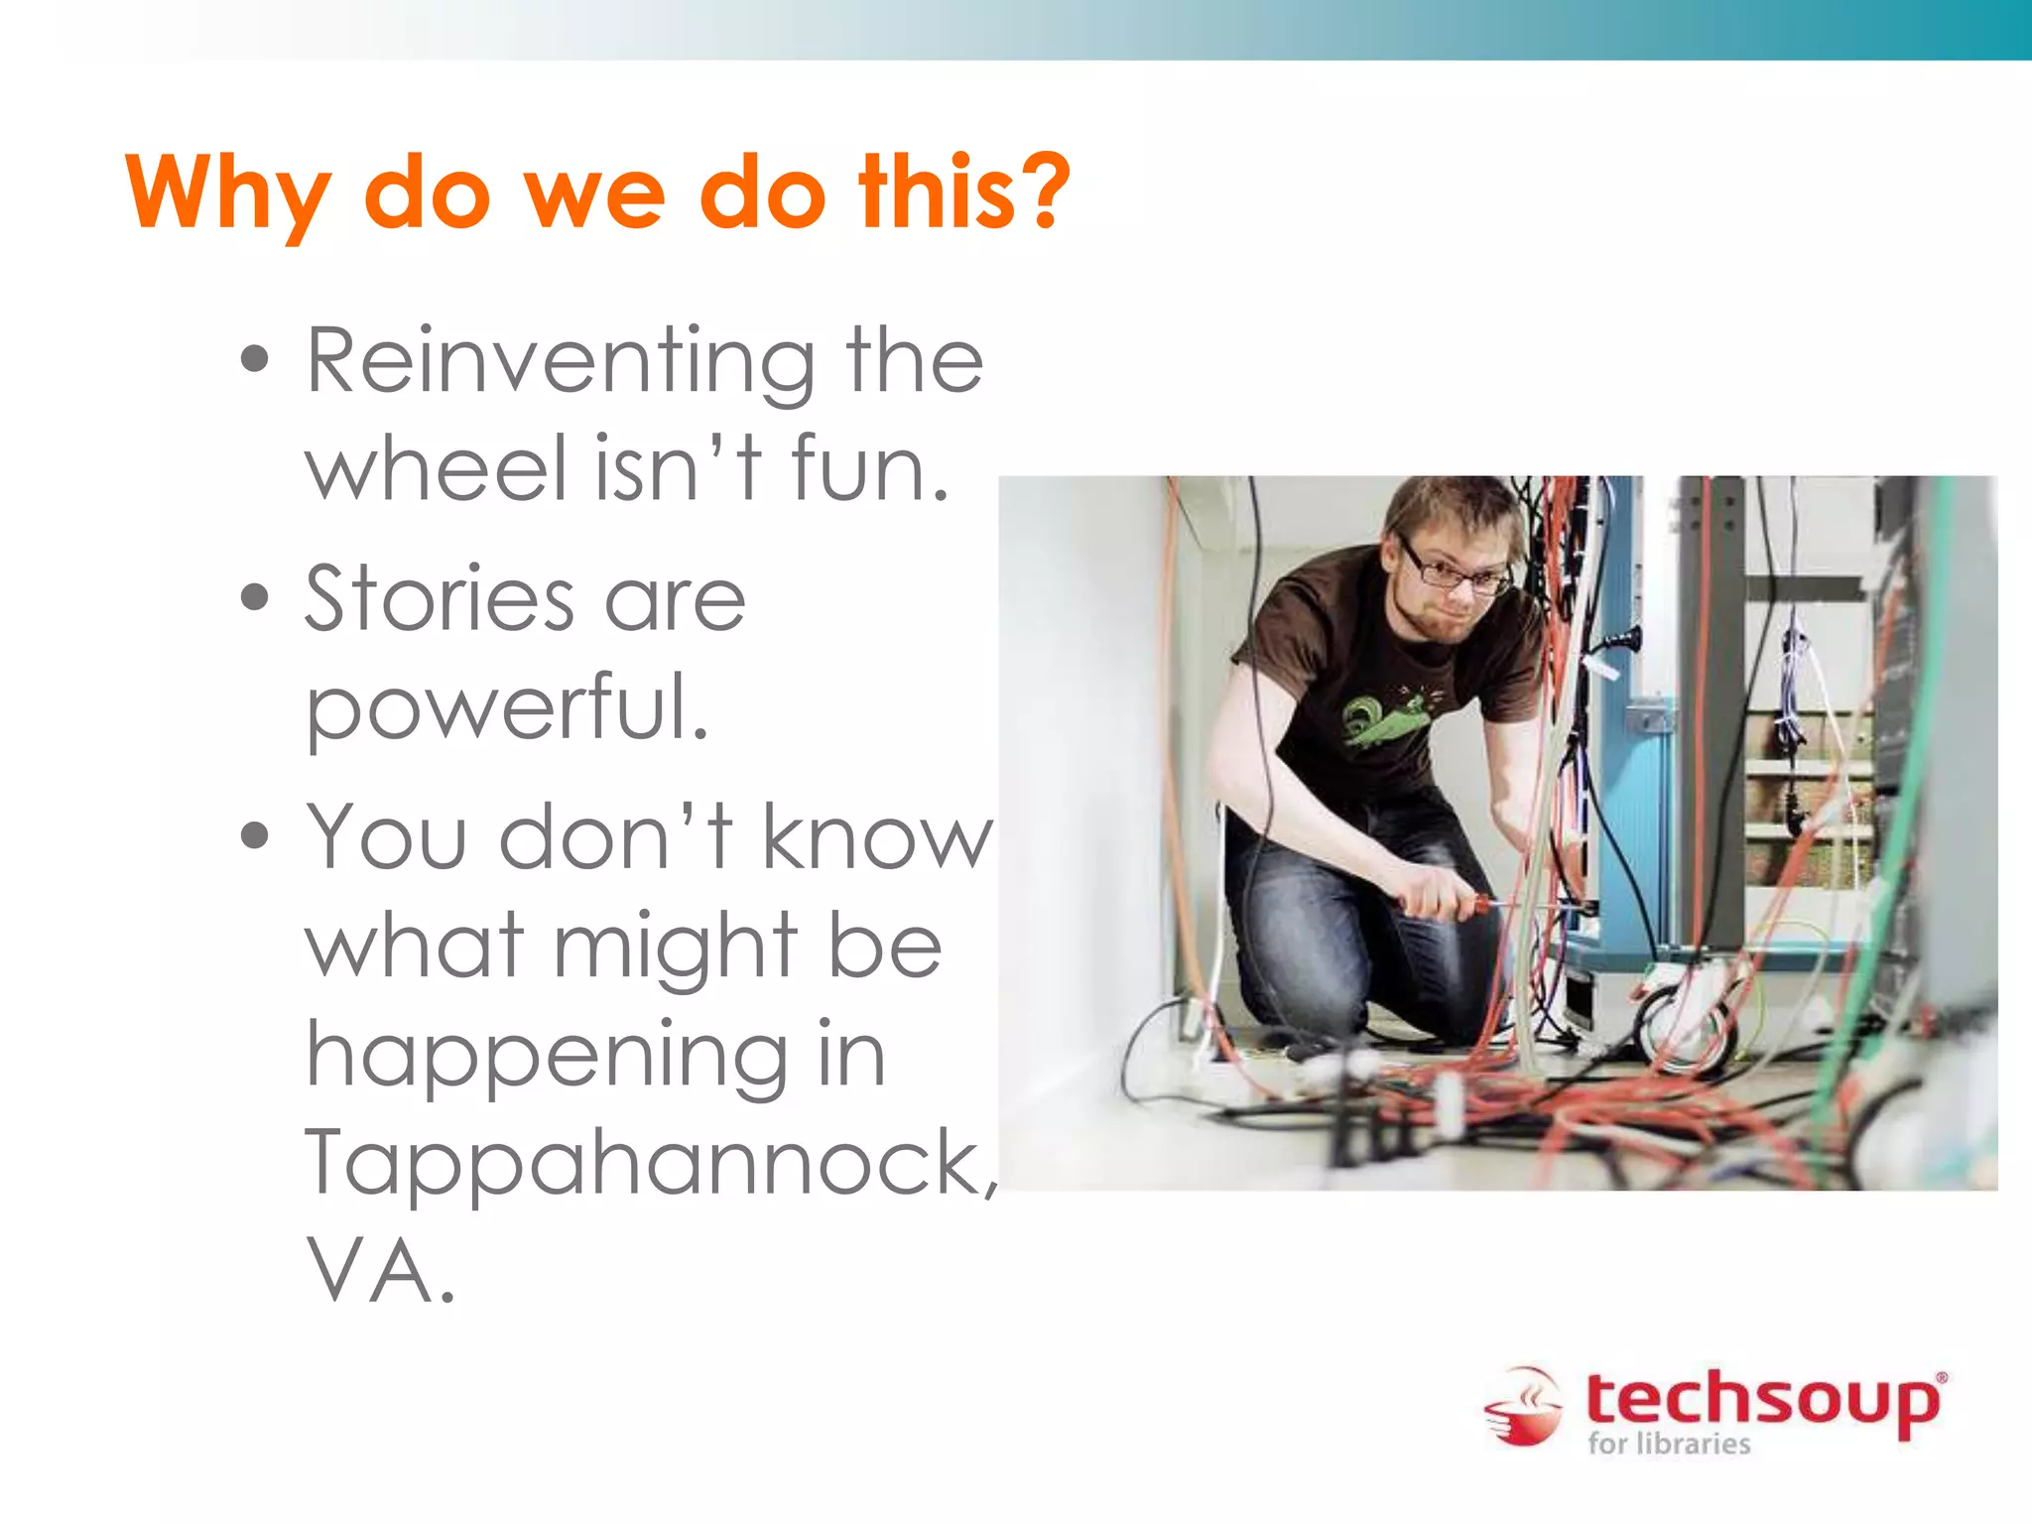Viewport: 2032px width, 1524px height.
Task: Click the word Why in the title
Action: [226, 193]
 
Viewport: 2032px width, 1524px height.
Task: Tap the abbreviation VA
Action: [377, 1272]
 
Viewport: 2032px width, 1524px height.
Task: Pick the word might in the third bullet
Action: [675, 948]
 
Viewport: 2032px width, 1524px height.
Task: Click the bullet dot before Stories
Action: [255, 597]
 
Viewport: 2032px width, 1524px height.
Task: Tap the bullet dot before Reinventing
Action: [255, 358]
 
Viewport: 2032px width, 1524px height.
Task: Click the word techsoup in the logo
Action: [1762, 1400]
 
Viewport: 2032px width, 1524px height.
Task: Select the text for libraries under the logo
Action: [1669, 1444]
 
